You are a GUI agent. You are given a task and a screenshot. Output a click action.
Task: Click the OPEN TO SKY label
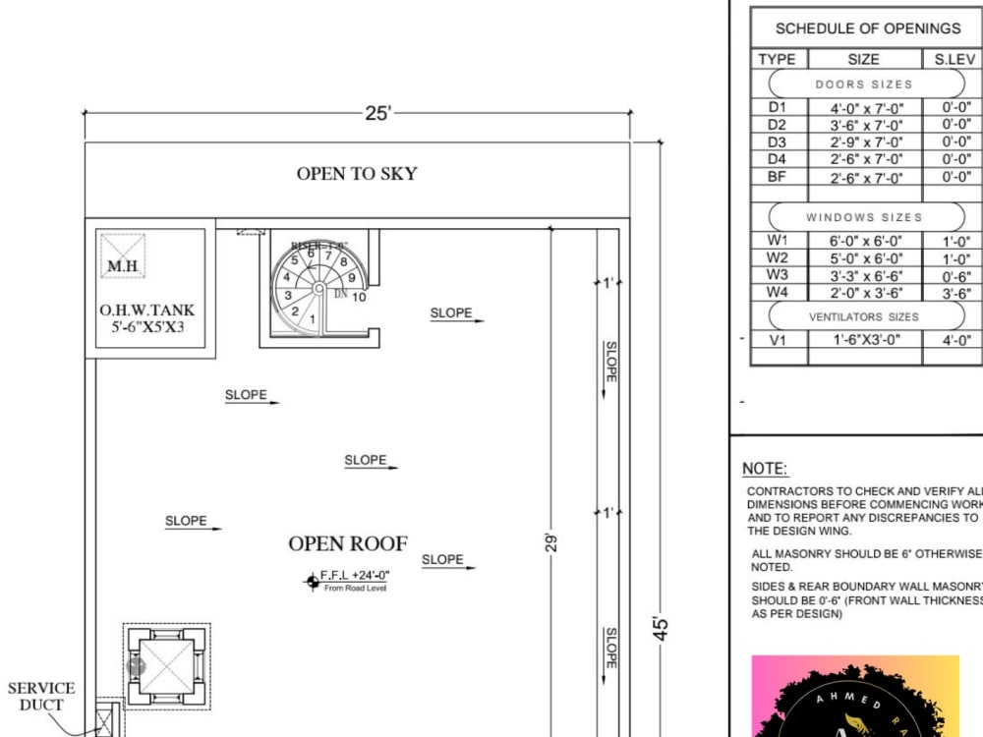[357, 174]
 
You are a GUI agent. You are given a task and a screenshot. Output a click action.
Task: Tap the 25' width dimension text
[378, 113]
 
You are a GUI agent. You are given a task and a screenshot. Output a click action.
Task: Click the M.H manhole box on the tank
[123, 256]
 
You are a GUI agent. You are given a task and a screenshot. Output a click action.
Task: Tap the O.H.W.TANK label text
[146, 311]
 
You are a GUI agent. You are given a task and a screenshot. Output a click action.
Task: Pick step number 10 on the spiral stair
[360, 297]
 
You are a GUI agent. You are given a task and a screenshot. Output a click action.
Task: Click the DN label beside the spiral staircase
[341, 293]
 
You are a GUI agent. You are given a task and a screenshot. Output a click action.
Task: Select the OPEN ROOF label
[348, 543]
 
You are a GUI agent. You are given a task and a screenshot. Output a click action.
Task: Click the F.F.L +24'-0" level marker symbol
[313, 582]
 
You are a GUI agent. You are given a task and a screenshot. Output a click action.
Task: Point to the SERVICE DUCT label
[41, 696]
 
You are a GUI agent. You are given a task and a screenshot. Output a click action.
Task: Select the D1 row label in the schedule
[777, 107]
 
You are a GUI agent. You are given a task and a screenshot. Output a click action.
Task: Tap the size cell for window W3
[864, 275]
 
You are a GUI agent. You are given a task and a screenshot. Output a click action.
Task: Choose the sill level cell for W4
[955, 292]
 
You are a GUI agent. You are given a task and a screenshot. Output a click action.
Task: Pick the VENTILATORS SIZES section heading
[864, 316]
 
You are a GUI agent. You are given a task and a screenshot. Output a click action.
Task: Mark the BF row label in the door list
[777, 177]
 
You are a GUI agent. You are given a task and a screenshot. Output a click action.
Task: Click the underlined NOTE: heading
[765, 469]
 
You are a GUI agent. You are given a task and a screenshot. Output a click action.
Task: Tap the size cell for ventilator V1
[864, 340]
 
